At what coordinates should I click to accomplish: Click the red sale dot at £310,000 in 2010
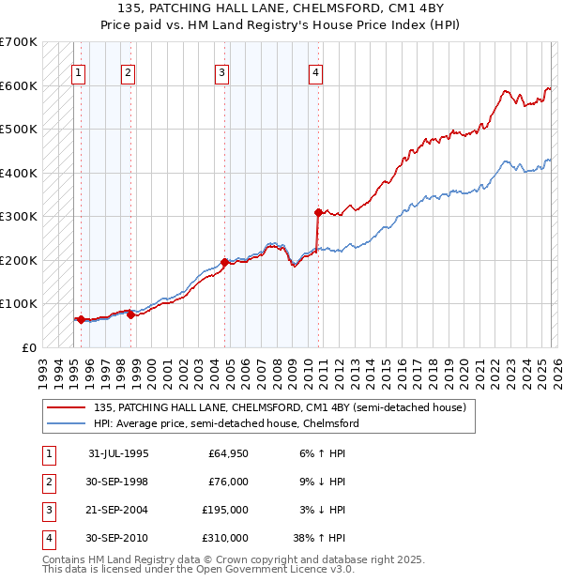319,212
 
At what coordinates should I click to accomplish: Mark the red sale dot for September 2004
224,262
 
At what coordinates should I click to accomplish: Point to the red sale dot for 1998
130,314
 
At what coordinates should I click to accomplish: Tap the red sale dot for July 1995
81,319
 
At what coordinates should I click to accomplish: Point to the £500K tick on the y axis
19,130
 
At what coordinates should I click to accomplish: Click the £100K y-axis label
19,304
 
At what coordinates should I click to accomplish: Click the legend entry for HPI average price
225,423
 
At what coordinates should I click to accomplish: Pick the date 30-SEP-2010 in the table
118,538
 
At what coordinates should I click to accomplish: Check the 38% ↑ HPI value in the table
319,538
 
